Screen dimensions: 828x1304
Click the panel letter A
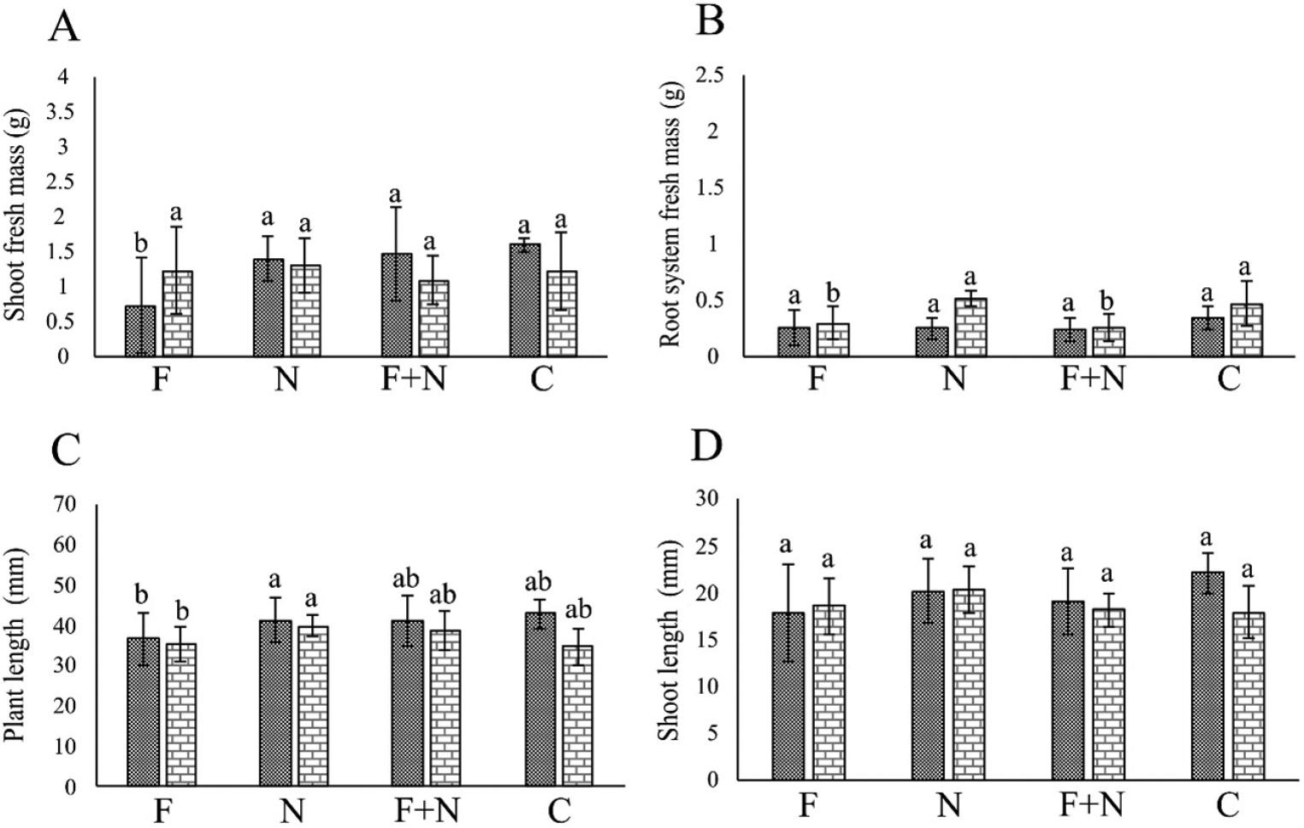[64, 27]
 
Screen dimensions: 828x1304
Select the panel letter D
[706, 445]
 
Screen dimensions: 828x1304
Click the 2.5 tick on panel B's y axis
[710, 75]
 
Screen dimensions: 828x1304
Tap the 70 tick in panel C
[66, 504]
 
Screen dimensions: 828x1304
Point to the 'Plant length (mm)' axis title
[16, 645]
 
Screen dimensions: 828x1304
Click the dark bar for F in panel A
[140, 331]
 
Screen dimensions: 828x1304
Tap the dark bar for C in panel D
[1207, 675]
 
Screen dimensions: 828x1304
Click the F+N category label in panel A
[413, 379]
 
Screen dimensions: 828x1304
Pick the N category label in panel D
[949, 804]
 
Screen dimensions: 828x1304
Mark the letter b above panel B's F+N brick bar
[1107, 301]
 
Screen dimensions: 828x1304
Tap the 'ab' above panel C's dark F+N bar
[408, 580]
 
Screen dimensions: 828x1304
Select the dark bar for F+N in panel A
[396, 305]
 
